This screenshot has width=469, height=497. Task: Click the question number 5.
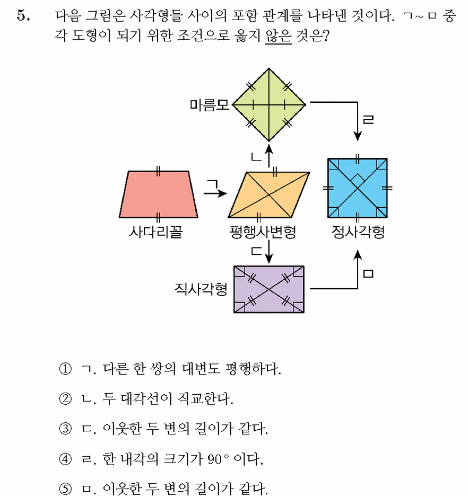pos(23,15)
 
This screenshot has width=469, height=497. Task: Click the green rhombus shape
pos(269,104)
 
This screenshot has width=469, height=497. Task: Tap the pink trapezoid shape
pos(158,194)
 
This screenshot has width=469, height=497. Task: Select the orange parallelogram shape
pos(269,195)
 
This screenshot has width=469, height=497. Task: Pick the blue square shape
pos(357,188)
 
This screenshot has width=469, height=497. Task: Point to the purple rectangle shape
pos(269,289)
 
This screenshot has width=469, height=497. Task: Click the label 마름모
pos(209,105)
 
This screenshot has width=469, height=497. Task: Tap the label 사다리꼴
pos(156,232)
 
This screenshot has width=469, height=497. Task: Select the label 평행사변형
pos(263,232)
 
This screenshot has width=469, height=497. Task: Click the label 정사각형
pos(358,232)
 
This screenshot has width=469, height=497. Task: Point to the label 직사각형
pos(201,289)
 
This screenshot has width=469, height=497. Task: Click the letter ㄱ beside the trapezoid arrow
pos(213,184)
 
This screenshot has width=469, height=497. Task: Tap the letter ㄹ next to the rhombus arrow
pos(368,119)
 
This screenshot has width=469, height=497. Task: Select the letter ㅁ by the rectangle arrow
pos(368,273)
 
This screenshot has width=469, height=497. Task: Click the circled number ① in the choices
pos(65,369)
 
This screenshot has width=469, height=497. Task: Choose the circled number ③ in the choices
pos(65,429)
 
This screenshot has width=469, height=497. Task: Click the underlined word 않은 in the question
pos(279,35)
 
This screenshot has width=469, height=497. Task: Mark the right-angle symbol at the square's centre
pos(358,177)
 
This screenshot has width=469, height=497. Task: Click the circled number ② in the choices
pos(65,399)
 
